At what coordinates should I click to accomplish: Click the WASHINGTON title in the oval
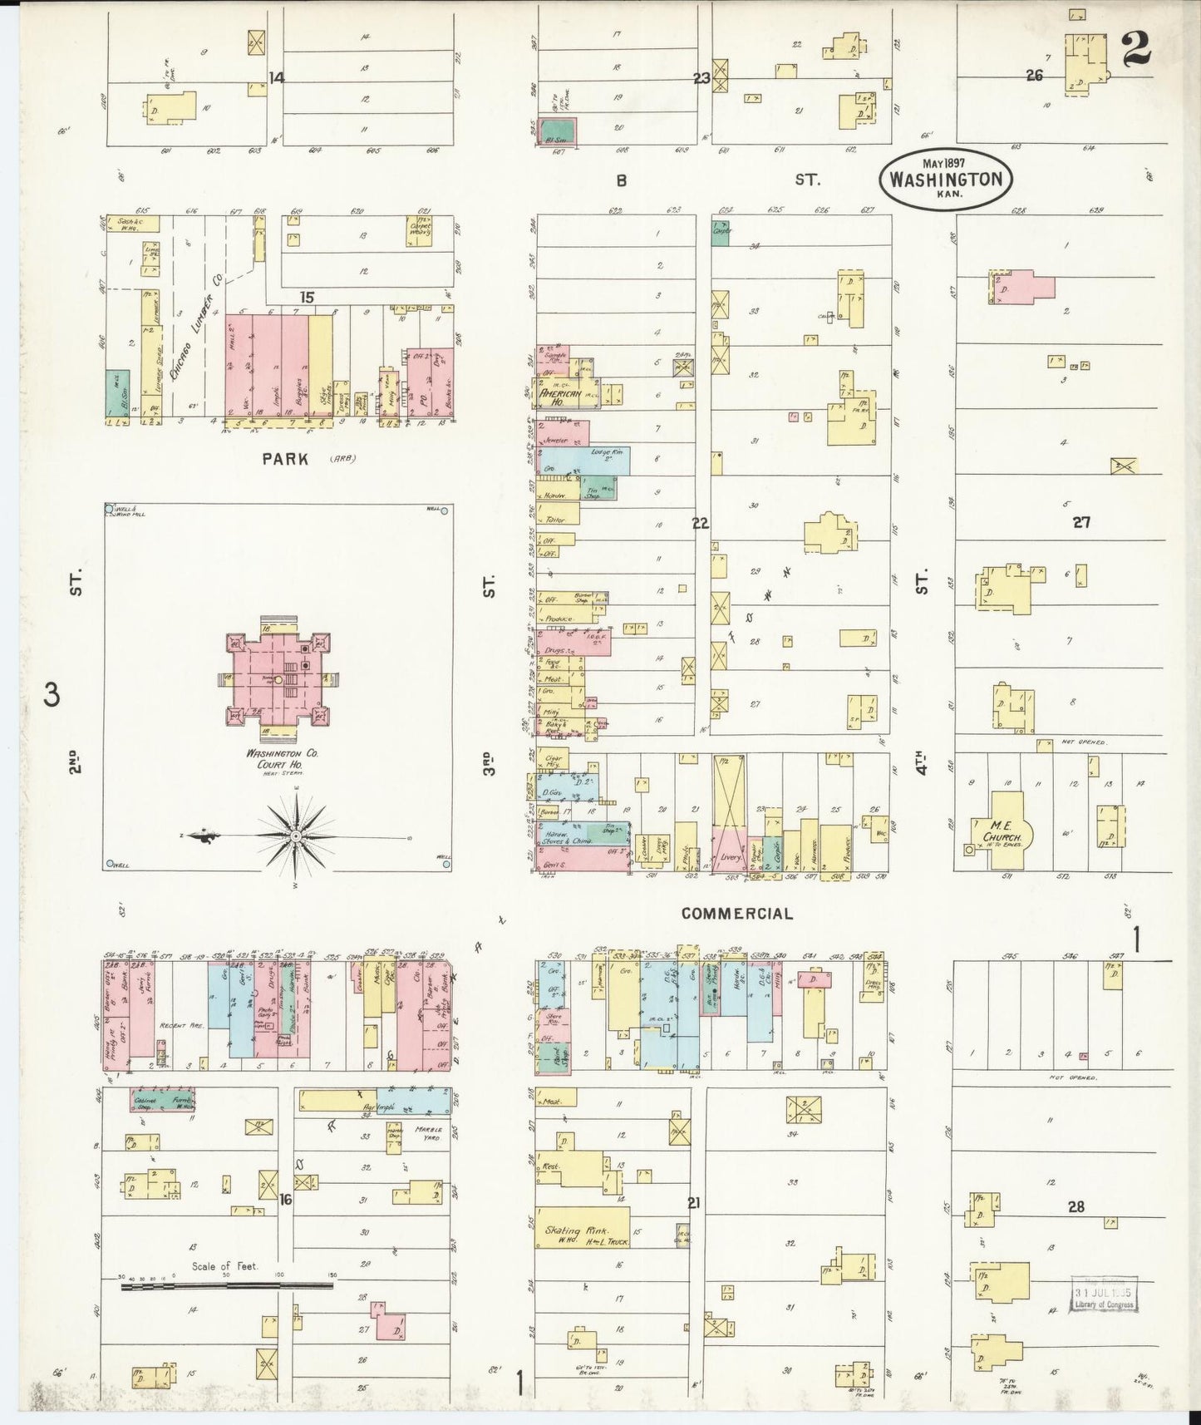[x=945, y=179]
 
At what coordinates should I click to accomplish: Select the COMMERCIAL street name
[x=736, y=913]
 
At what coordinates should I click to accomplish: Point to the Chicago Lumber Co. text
[x=196, y=328]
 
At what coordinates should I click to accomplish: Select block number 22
[x=700, y=523]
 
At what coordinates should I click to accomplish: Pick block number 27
[x=1080, y=522]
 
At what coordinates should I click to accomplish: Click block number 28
[x=1075, y=1206]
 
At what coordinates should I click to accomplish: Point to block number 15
[x=307, y=297]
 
